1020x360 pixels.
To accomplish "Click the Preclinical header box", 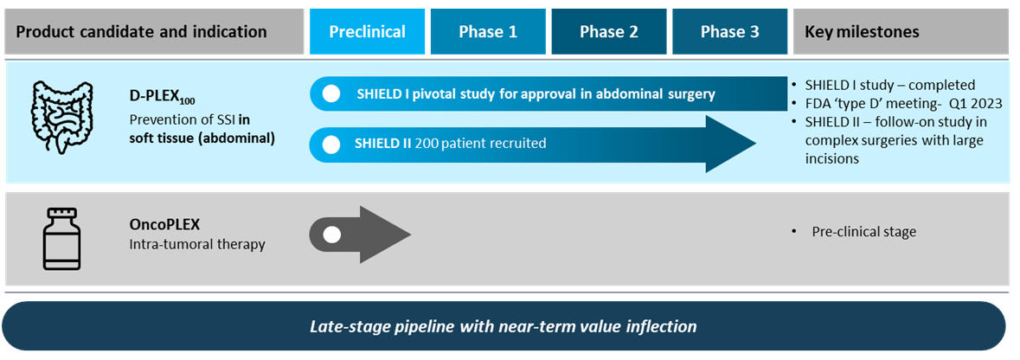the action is point(367,32).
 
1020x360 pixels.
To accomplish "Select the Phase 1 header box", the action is point(488,32).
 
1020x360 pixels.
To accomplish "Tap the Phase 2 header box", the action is point(609,32).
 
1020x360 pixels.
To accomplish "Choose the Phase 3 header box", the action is point(730,32).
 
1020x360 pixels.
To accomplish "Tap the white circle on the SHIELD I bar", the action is point(331,93).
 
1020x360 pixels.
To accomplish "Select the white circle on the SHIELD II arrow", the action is point(331,145).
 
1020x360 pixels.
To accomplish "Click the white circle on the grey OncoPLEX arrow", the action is point(331,234).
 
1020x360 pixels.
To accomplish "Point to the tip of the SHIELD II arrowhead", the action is point(756,145).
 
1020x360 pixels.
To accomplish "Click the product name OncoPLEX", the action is point(164,225).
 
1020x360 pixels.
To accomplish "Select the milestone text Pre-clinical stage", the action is point(864,232).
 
